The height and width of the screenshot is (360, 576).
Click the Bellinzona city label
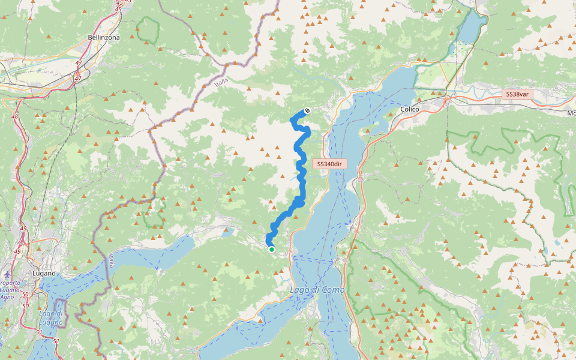[x=104, y=37]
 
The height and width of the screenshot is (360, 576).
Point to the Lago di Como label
[x=317, y=290]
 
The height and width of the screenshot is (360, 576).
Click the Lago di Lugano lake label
[x=50, y=317]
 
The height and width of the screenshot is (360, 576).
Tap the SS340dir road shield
[x=329, y=164]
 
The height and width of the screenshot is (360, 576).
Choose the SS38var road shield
[x=517, y=94]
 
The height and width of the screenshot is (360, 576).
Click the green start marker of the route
[x=272, y=250]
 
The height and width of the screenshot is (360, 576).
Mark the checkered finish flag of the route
[x=307, y=110]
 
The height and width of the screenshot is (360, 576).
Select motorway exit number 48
[x=15, y=116]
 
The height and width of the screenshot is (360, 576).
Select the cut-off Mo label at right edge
[x=571, y=113]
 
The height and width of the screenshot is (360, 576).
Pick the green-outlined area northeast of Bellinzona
[x=148, y=30]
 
